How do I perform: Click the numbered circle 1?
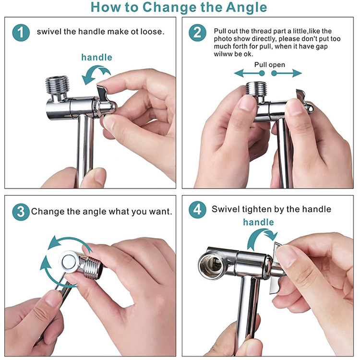tap(21, 33)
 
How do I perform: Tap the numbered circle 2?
tap(197, 33)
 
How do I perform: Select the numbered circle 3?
tap(21, 212)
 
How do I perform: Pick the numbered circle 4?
tap(197, 210)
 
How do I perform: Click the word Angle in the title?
tap(246, 8)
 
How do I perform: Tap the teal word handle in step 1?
tap(96, 57)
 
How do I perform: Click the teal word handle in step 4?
tap(259, 222)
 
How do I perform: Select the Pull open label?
tap(270, 65)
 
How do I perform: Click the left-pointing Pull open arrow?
tap(249, 73)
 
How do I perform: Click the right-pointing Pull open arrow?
tap(286, 73)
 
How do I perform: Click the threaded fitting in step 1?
tap(58, 85)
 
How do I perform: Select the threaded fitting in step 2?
tap(256, 88)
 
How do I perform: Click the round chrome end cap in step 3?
tap(69, 262)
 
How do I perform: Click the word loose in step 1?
tap(153, 32)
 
